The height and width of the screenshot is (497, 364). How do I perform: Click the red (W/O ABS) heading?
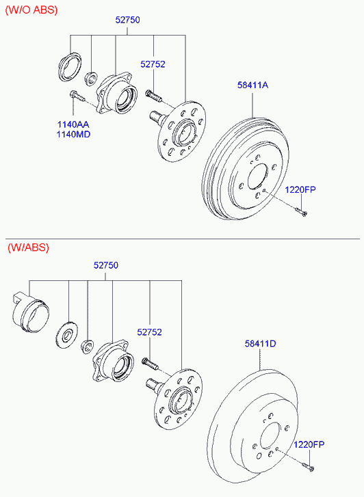31,10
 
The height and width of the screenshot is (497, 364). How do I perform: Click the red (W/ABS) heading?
28,247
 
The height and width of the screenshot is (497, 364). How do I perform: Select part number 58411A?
252,85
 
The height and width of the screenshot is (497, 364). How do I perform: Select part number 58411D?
260,343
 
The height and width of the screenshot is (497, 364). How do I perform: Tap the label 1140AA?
73,124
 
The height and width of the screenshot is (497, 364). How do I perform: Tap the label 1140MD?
73,135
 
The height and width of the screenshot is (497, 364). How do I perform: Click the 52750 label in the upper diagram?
127,20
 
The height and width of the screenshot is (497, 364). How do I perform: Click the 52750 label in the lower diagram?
105,265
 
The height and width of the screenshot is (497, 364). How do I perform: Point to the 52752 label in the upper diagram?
153,64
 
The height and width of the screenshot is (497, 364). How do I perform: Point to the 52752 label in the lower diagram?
149,332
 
